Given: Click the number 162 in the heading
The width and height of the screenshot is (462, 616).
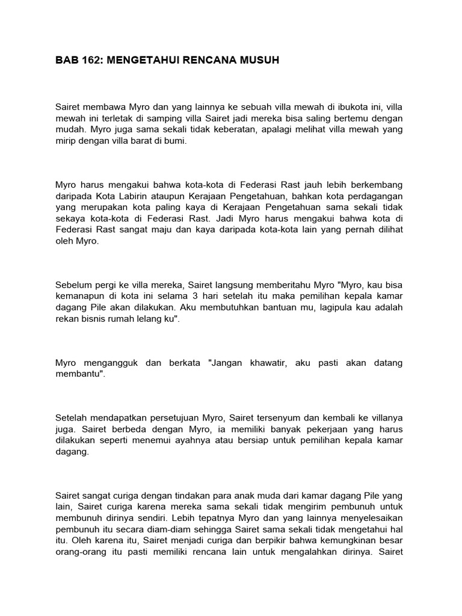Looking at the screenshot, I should point(88,61).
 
